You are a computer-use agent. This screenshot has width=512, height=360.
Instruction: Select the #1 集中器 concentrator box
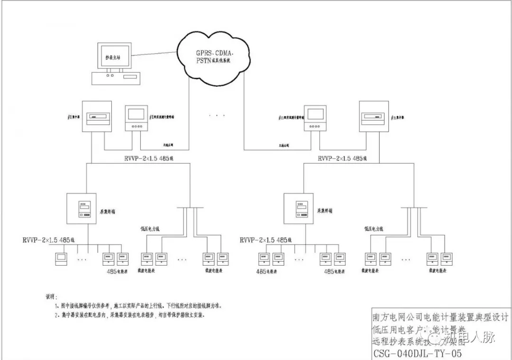pyautogui.click(x=97, y=116)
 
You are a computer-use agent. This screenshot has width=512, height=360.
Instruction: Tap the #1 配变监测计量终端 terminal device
pyautogui.click(x=137, y=118)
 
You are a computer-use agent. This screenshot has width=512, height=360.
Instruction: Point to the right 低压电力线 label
pyautogui.click(x=374, y=229)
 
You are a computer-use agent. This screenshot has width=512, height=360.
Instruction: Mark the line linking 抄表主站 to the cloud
pyautogui.click(x=154, y=55)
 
